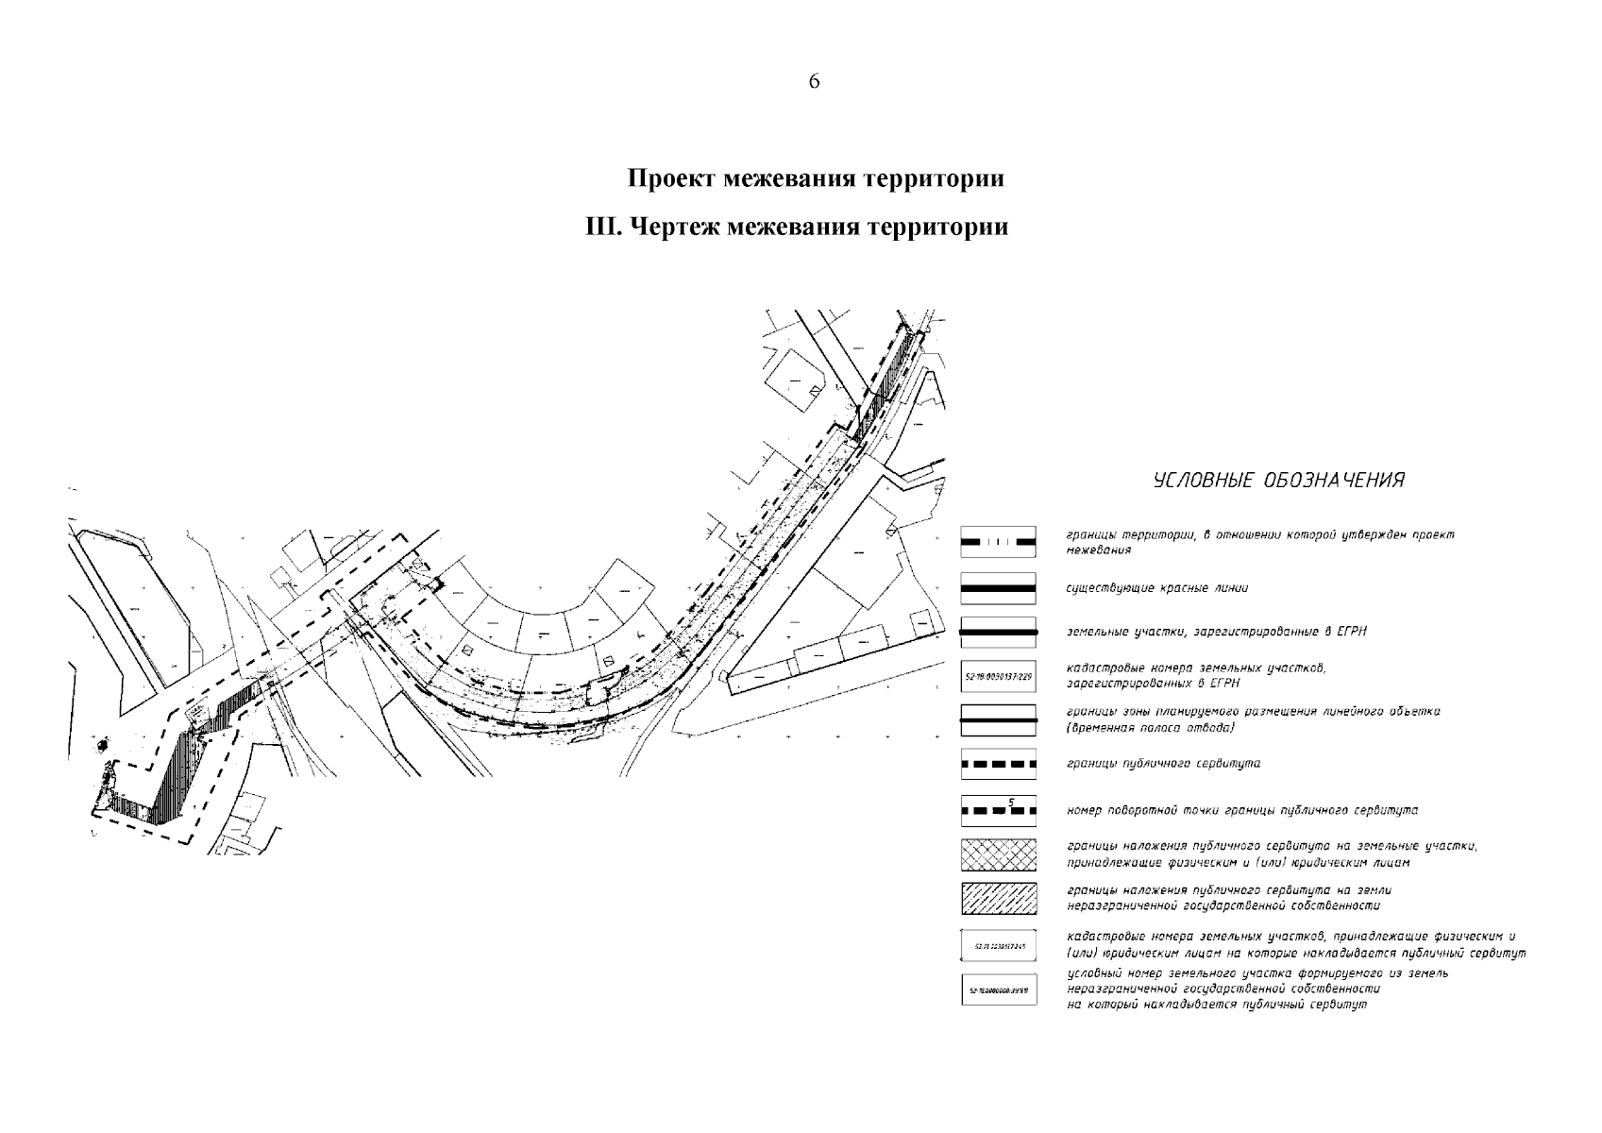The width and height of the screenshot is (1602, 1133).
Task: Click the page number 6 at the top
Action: (814, 82)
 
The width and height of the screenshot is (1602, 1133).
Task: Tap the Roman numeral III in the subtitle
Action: (601, 228)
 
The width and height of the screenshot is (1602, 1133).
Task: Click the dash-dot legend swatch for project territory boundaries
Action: (999, 542)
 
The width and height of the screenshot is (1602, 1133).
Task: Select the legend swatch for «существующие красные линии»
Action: (999, 588)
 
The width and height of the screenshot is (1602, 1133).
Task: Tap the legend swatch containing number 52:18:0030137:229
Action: (999, 676)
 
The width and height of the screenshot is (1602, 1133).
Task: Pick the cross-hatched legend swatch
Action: (999, 854)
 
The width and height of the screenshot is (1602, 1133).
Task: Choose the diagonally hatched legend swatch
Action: (999, 898)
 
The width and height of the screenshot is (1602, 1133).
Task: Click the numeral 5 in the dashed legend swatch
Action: (1011, 803)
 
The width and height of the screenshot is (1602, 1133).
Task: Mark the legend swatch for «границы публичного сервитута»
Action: (999, 764)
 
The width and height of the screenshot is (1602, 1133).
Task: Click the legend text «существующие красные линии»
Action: (1156, 588)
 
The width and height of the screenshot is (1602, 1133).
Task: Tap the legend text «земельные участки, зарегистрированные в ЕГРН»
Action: (1216, 631)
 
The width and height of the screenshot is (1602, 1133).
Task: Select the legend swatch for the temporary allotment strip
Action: (999, 720)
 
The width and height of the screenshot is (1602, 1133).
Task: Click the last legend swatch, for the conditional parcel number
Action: (999, 989)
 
